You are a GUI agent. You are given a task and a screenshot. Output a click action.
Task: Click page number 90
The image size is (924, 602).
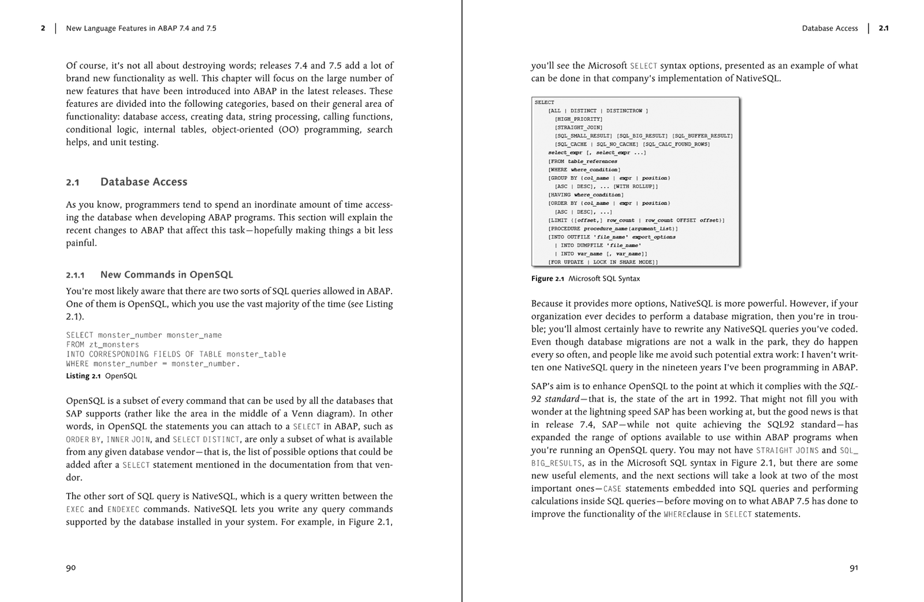coord(70,568)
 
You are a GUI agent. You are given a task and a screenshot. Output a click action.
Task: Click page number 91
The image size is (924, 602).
coord(854,568)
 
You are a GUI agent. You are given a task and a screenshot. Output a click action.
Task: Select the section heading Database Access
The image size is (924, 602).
coord(143,182)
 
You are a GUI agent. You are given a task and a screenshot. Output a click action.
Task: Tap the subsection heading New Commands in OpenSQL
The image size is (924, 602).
coord(166,275)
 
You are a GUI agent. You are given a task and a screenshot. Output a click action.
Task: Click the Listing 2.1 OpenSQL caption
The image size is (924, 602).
coord(101,376)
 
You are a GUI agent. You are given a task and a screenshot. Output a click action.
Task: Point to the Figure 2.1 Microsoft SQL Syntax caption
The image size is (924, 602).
coord(585,278)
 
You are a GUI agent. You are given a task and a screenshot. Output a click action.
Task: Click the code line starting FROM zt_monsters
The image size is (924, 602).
coord(102,345)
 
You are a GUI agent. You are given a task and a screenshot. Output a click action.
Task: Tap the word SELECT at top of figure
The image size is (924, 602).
coord(544,102)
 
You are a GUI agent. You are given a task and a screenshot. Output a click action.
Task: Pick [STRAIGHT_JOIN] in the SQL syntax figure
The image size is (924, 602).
coord(578,128)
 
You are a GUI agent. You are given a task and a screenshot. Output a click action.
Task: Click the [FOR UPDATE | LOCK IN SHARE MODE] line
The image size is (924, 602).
coord(602,262)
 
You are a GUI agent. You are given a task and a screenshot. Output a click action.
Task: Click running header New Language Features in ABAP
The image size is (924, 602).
coord(141,28)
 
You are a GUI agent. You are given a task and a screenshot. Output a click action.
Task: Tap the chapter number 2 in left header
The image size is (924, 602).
coord(43,28)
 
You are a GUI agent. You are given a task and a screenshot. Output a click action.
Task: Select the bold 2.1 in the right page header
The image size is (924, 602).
coord(884,28)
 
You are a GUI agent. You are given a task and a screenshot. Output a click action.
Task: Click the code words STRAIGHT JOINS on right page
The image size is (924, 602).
coord(787,451)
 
